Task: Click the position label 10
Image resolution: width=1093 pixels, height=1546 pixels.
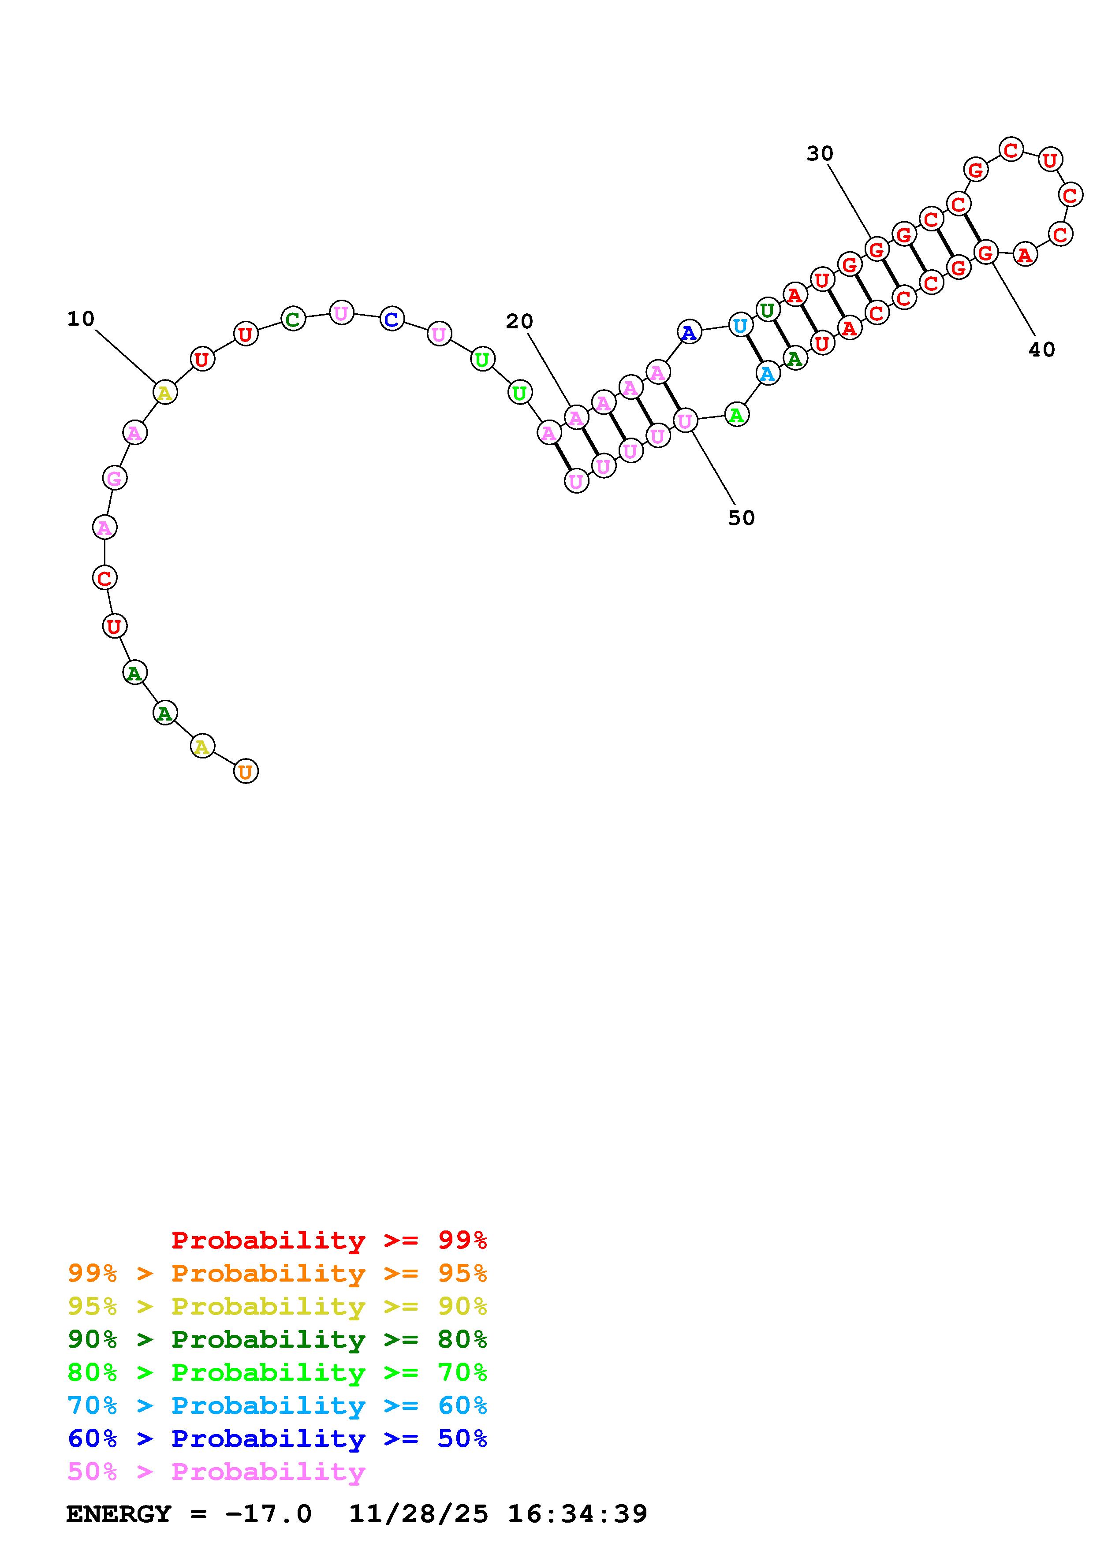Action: pyautogui.click(x=81, y=319)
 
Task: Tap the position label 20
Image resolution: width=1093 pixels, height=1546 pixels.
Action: pyautogui.click(x=519, y=321)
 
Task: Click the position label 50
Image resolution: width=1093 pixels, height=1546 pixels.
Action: pyautogui.click(x=742, y=518)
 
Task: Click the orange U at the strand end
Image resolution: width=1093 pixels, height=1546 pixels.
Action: pyautogui.click(x=246, y=771)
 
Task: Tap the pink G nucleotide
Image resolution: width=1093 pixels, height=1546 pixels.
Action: pyautogui.click(x=115, y=478)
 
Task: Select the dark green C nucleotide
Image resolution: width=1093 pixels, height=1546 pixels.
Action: pyautogui.click(x=293, y=319)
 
